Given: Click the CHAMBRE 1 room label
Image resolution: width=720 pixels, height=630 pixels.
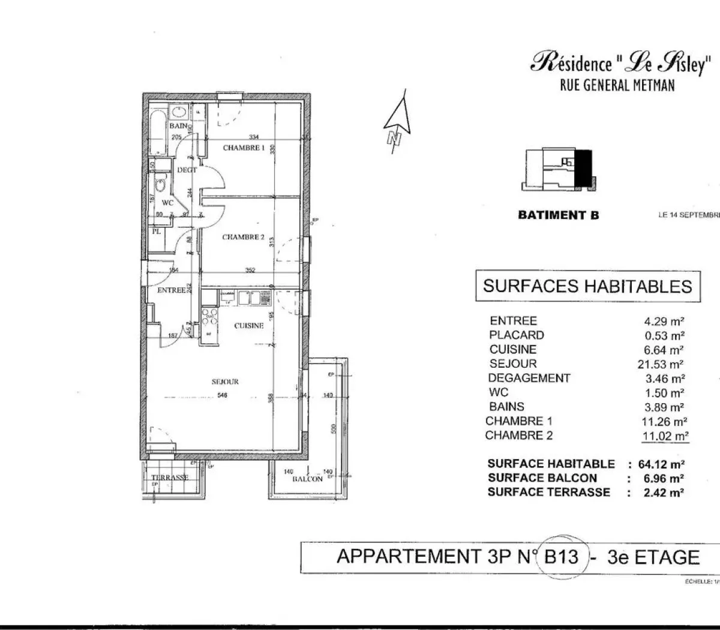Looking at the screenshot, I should [243, 148].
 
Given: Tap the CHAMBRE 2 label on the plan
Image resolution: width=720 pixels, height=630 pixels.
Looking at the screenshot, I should [243, 237].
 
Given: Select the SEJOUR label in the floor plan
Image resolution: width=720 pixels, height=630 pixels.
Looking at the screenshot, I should [225, 382].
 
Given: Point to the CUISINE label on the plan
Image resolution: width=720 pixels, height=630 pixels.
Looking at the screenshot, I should [249, 326].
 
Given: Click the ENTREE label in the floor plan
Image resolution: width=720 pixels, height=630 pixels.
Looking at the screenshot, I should [171, 290].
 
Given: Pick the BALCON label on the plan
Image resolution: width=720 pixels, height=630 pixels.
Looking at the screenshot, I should [307, 479].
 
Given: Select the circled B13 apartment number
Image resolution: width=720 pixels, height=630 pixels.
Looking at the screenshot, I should [561, 557].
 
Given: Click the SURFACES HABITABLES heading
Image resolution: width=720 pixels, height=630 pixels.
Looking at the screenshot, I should [587, 286].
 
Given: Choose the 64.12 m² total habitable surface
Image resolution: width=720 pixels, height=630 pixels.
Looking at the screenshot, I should [664, 464].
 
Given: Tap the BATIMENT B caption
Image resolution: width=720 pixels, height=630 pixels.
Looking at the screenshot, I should [558, 215].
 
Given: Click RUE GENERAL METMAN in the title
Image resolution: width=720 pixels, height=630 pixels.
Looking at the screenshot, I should [617, 85].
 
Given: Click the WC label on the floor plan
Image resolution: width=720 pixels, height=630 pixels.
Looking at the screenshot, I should [167, 203].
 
